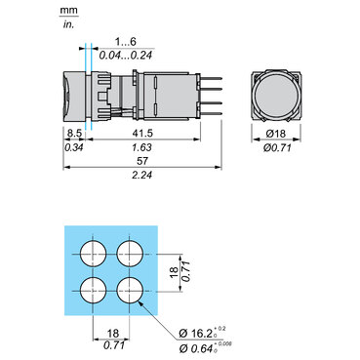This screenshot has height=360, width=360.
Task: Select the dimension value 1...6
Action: [x=127, y=43]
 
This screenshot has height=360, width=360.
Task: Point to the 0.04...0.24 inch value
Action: [x=127, y=56]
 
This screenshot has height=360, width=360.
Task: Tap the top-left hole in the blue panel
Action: [x=95, y=254]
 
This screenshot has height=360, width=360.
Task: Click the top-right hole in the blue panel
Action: [x=131, y=254]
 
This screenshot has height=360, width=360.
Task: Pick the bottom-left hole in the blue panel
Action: [x=95, y=290]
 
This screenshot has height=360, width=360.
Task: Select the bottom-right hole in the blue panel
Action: [x=131, y=290]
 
